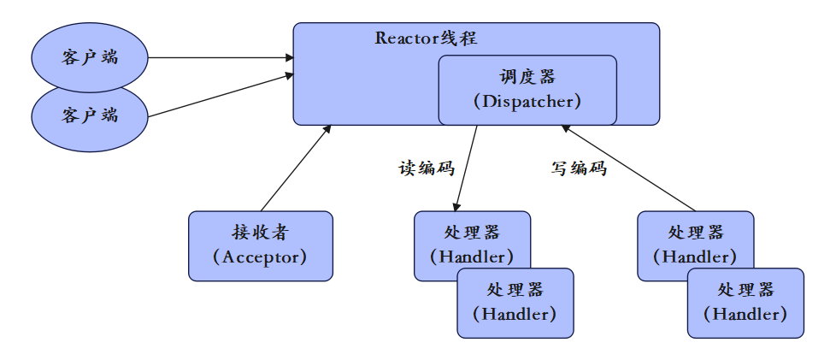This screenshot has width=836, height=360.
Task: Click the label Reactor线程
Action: coord(426,38)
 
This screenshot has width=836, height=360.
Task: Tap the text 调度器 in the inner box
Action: coord(527,77)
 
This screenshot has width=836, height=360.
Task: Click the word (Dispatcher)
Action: coord(527,101)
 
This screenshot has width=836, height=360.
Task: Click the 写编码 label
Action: coord(579,168)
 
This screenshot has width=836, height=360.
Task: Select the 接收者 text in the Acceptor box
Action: coord(260,232)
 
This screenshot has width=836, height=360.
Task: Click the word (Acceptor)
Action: coord(260,256)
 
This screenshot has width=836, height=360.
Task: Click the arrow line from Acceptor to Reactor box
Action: coord(295,168)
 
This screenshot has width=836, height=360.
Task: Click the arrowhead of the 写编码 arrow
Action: coord(567,128)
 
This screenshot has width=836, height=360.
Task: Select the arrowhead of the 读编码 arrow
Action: coord(457,206)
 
